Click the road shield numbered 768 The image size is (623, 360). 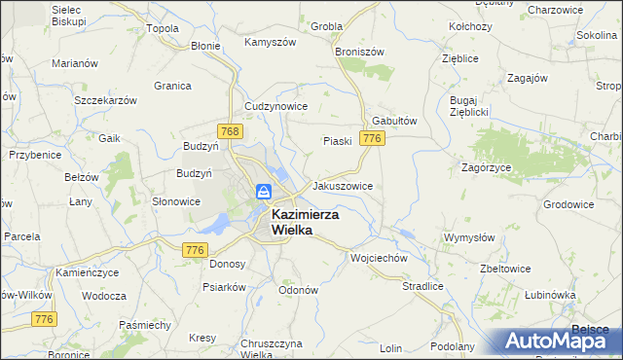[x=230, y=129]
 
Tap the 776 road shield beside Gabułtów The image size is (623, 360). [x=370, y=139]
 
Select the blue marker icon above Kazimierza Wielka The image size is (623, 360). [x=264, y=193]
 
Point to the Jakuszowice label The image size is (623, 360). [x=342, y=185]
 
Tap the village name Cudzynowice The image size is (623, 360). [x=276, y=106]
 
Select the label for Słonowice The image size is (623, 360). [x=176, y=201]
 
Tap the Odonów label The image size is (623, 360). [x=298, y=290]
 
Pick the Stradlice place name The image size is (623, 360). [x=422, y=287]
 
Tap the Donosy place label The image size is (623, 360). [x=227, y=264]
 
